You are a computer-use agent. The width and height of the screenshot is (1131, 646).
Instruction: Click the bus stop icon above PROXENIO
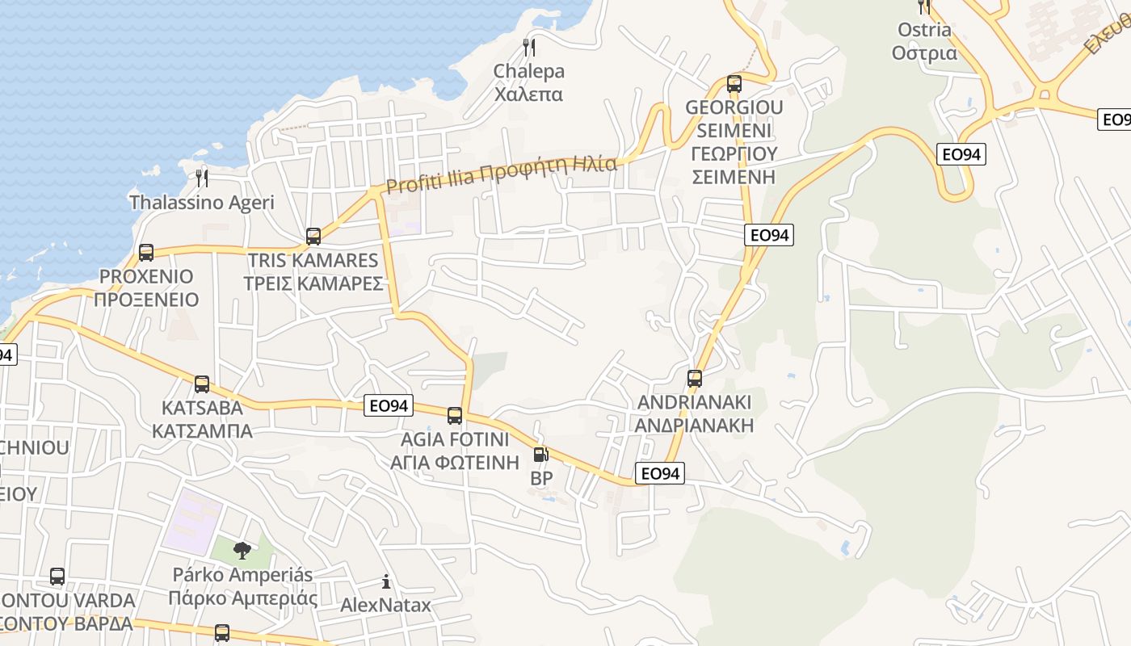click(146, 252)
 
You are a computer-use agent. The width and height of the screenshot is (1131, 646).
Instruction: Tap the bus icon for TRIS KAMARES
click(313, 237)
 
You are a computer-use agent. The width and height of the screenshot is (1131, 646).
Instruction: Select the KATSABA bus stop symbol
click(202, 384)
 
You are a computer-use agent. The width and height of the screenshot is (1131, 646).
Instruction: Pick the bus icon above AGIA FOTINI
click(455, 416)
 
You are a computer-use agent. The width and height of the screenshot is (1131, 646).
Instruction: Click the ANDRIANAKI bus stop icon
click(694, 378)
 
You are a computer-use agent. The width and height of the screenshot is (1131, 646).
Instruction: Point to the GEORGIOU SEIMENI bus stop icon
click(734, 83)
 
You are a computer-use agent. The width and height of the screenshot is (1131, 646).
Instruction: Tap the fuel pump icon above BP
click(540, 455)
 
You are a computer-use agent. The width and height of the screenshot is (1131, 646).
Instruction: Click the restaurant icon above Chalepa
click(529, 47)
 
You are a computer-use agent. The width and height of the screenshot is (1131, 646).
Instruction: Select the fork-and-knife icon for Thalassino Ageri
click(202, 178)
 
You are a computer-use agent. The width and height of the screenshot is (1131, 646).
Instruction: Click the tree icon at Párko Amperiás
click(242, 551)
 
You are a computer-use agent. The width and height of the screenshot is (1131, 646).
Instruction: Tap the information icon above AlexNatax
click(386, 581)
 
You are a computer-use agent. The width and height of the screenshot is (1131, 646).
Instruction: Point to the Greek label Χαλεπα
click(529, 94)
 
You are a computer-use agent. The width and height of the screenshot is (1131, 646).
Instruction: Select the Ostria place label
click(924, 30)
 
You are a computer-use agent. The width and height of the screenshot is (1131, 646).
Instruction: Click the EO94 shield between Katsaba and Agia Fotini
click(389, 405)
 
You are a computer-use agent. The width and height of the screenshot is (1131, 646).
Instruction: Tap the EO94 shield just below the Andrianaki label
click(660, 473)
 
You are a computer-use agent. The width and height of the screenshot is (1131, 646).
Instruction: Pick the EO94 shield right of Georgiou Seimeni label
click(768, 235)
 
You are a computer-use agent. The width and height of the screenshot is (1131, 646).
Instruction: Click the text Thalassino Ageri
click(202, 203)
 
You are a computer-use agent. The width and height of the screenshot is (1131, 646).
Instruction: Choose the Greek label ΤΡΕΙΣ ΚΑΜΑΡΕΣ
click(313, 284)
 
